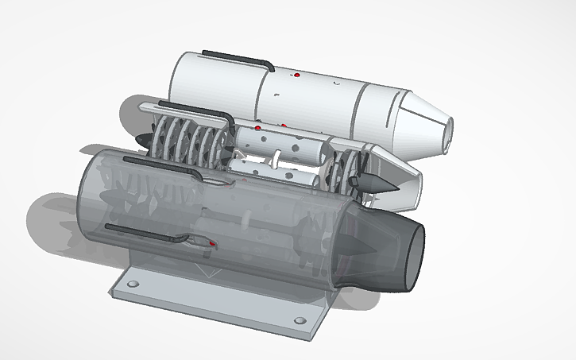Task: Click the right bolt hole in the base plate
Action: [x=300, y=321]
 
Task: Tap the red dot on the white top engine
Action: [x=296, y=75]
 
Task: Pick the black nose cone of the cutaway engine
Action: [x=143, y=140]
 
